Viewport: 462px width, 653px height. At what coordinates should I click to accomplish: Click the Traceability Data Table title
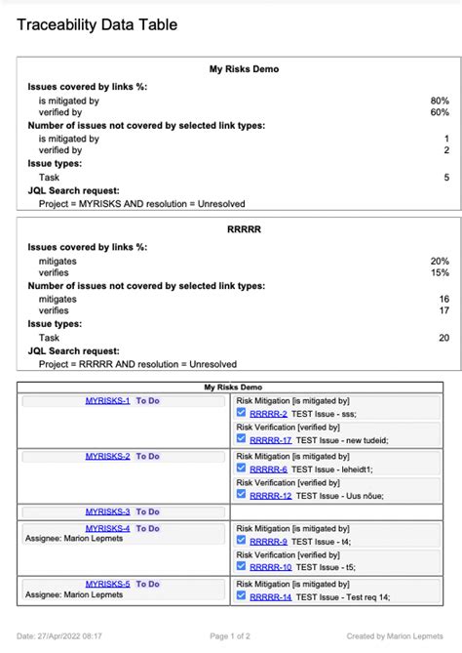click(97, 24)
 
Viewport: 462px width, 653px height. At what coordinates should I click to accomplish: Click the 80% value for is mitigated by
click(440, 100)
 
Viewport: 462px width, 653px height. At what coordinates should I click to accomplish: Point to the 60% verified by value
click(440, 112)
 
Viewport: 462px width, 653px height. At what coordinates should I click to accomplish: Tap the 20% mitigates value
click(440, 262)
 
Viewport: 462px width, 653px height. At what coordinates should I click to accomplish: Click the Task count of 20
click(443, 337)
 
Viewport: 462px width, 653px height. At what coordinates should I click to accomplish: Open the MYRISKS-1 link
click(107, 401)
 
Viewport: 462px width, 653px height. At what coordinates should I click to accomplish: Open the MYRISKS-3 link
click(107, 511)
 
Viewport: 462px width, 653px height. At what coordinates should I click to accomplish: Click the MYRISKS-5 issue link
click(107, 584)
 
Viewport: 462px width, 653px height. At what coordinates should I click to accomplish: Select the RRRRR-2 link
click(268, 414)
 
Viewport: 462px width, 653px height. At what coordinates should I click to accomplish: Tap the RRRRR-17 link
click(271, 440)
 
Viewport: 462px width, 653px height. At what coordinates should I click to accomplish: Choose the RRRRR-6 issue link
click(268, 469)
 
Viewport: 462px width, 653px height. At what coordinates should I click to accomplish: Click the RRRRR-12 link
click(271, 496)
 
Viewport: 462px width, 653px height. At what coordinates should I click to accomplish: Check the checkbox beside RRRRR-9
click(242, 541)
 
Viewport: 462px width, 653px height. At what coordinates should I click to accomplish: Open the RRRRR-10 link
click(271, 567)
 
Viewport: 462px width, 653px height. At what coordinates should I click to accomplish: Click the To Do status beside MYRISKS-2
click(148, 456)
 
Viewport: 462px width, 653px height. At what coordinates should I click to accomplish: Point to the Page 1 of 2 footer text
click(231, 635)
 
